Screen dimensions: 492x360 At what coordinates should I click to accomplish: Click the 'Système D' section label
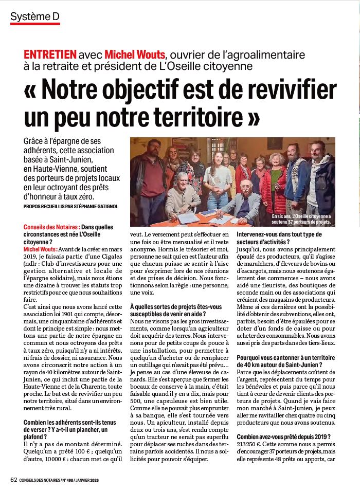tap(35, 16)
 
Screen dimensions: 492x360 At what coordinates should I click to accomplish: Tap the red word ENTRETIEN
tap(50, 54)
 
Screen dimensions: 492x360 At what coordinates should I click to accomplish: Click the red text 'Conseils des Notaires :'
tap(51, 227)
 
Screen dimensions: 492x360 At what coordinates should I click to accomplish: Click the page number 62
tap(14, 480)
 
